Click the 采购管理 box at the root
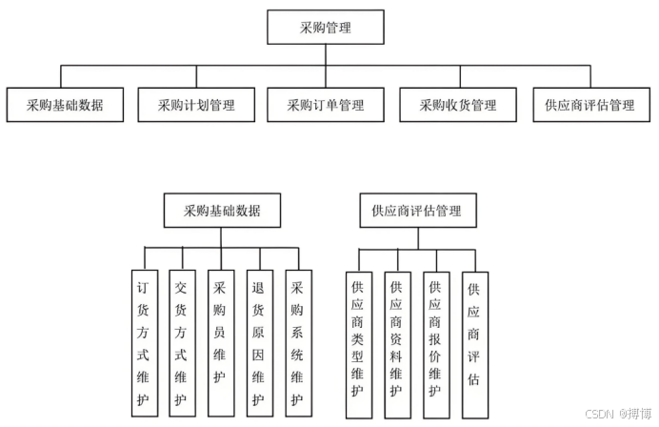[x=325, y=28]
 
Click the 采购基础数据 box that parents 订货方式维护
[x=222, y=211]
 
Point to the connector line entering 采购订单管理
[x=326, y=77]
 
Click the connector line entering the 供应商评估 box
[x=474, y=260]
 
